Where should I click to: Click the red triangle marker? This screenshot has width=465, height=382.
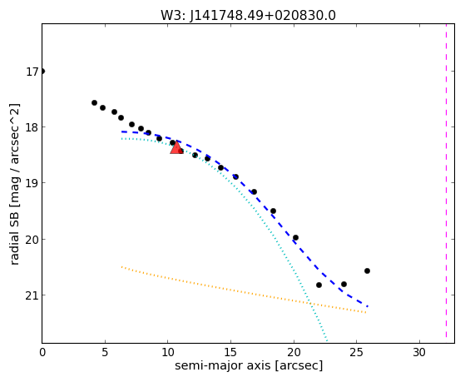pyautogui.click(x=176, y=147)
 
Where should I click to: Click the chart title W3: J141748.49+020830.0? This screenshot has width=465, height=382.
pyautogui.click(x=248, y=16)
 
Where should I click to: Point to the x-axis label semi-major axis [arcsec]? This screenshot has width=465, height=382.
pyautogui.click(x=249, y=365)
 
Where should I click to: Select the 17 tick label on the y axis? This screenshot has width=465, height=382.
pyautogui.click(x=32, y=72)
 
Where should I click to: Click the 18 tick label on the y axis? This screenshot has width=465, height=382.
pyautogui.click(x=32, y=127)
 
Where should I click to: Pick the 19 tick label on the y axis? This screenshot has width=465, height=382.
pyautogui.click(x=32, y=183)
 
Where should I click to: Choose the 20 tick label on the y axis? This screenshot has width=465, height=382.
pyautogui.click(x=32, y=240)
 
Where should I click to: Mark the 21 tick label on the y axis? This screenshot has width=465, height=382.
pyautogui.click(x=32, y=295)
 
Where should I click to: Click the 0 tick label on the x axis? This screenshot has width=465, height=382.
pyautogui.click(x=42, y=353)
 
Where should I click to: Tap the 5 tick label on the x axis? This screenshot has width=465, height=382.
pyautogui.click(x=105, y=353)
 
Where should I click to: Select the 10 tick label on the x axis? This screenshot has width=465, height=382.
pyautogui.click(x=168, y=353)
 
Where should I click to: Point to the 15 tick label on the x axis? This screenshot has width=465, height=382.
pyautogui.click(x=230, y=353)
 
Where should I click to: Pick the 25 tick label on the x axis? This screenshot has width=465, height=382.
pyautogui.click(x=357, y=353)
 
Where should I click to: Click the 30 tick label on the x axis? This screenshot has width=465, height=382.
pyautogui.click(x=419, y=353)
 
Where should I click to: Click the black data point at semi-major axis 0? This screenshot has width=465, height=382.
pyautogui.click(x=42, y=72)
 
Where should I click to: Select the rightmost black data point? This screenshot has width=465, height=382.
pyautogui.click(x=367, y=270)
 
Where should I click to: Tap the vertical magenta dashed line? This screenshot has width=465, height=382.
pyautogui.click(x=446, y=181)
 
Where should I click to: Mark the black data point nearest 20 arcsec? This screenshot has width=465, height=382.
pyautogui.click(x=295, y=237)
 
